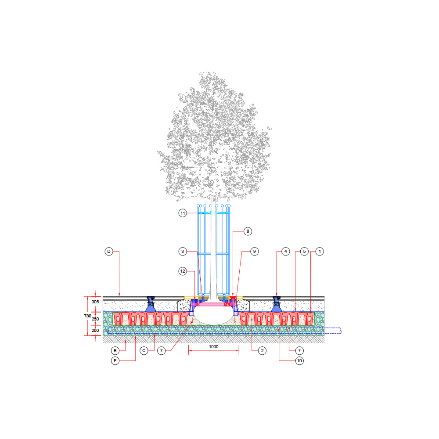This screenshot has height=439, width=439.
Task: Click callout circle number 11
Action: point(183,213)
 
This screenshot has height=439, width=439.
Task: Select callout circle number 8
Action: point(248,231)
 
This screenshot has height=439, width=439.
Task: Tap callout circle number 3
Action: point(183,252)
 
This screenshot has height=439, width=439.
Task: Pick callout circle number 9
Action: point(254,252)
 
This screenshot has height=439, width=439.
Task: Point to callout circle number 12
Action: point(183,271)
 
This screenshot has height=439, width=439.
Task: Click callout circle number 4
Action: point(286,252)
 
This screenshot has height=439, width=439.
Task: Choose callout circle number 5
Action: point(304,252)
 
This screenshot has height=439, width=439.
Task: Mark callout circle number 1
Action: point(320,252)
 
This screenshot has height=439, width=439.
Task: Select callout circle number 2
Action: point(262,350)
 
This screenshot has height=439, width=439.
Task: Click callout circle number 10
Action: point(299,360)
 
